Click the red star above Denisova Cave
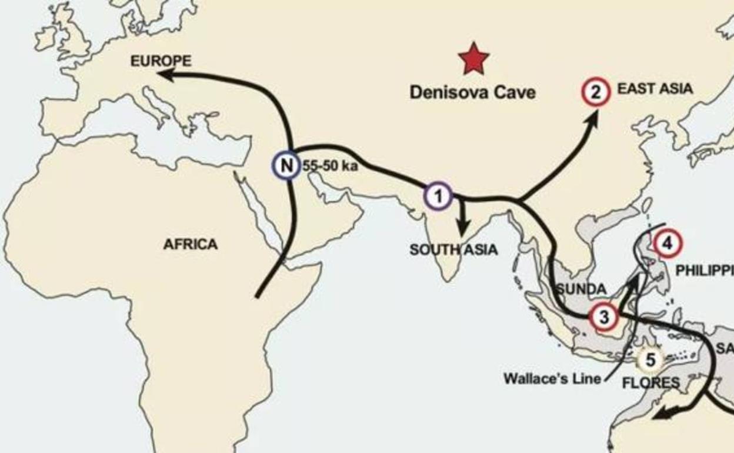tap(473, 59)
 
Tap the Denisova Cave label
tap(472, 92)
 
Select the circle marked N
tap(286, 165)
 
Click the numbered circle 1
tap(438, 196)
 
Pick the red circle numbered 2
tap(596, 92)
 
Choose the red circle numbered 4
tap(668, 242)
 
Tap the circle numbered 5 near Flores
tap(650, 359)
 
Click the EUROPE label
tap(161, 61)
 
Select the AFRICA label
tap(190, 244)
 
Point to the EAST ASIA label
tap(655, 89)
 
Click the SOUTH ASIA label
tap(453, 249)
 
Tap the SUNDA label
tap(581, 289)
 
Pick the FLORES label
tap(651, 383)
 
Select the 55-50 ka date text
tap(330, 166)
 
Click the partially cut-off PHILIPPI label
tap(704, 271)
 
